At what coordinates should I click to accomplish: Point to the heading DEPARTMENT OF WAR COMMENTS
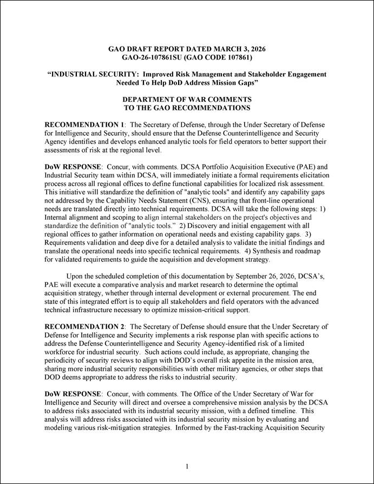187,100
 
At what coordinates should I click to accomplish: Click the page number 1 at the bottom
187,466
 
